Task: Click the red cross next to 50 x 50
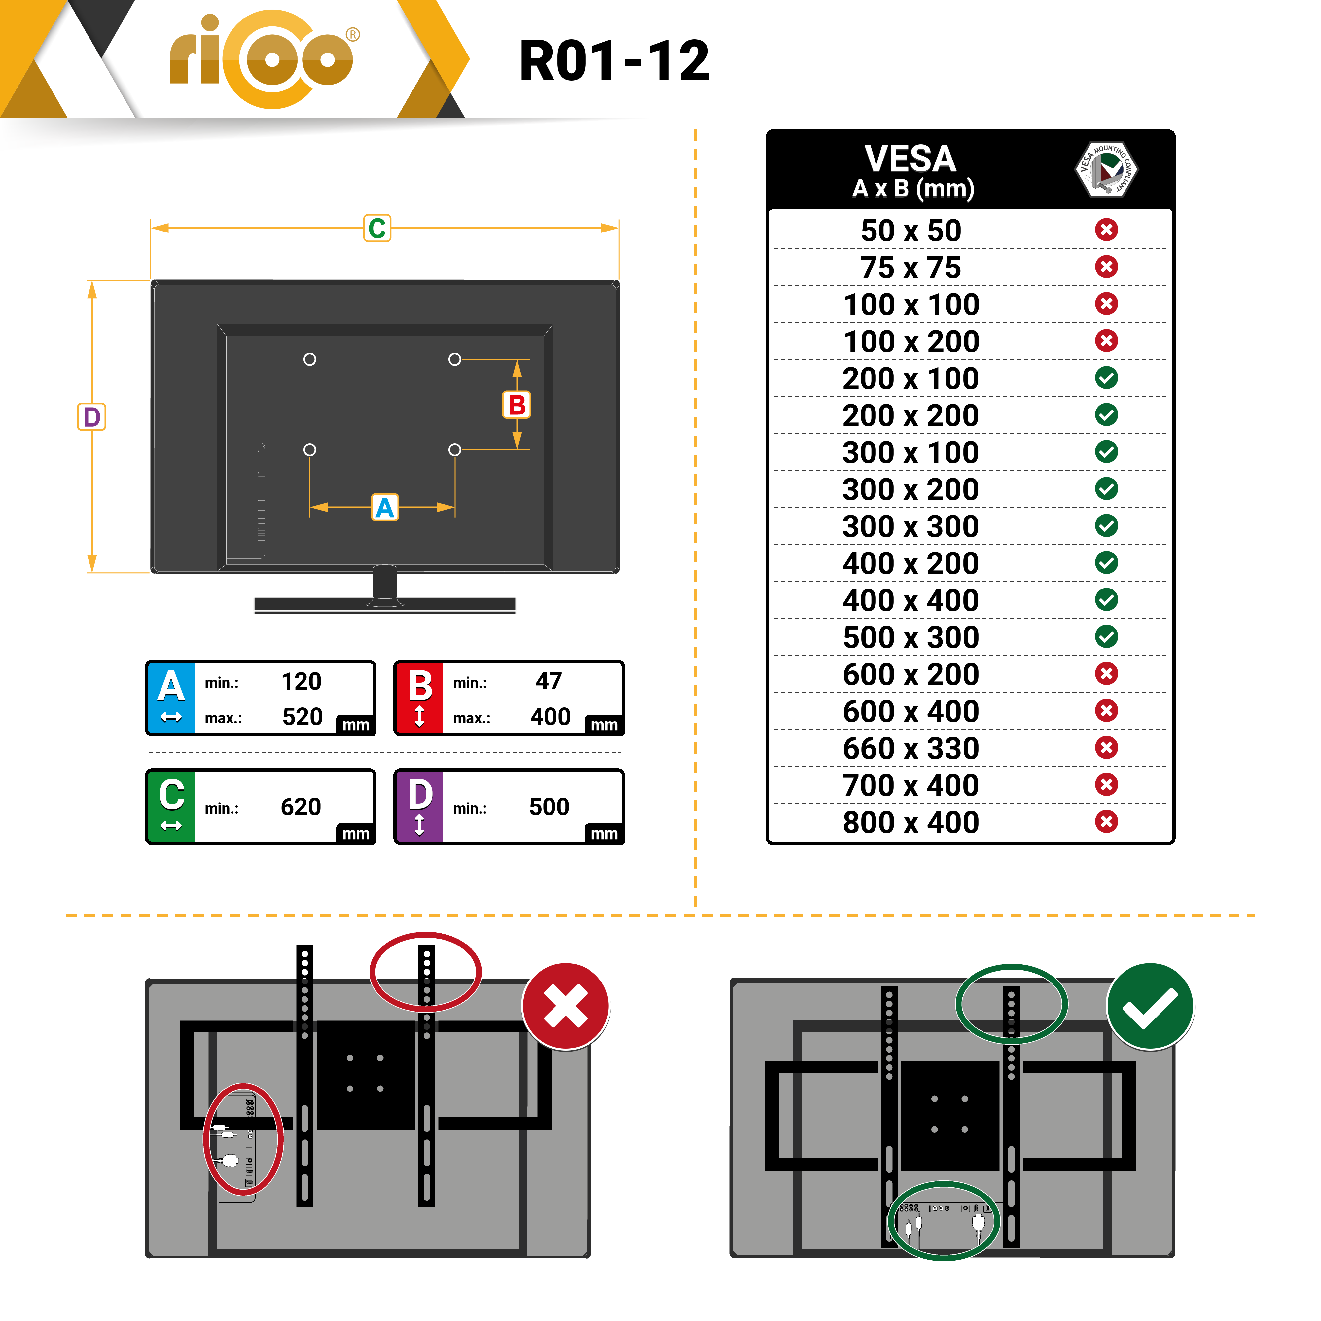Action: coord(1106,230)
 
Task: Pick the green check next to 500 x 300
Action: coord(1106,637)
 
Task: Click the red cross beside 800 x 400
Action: coord(1106,821)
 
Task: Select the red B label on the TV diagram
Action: coord(517,405)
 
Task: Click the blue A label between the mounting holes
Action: coord(385,507)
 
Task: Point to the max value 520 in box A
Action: coord(302,717)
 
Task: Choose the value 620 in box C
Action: coord(301,807)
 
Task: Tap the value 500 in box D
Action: coord(549,807)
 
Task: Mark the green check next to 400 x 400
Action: coord(1106,600)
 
